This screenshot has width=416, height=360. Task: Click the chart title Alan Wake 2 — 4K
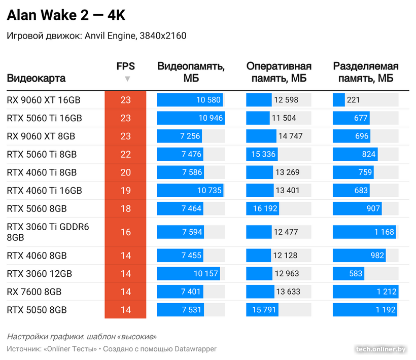point(65,16)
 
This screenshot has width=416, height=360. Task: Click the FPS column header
point(125,66)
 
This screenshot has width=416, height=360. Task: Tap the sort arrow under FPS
point(127,79)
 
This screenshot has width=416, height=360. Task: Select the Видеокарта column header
point(36,79)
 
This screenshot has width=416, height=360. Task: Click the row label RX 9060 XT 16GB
point(44,100)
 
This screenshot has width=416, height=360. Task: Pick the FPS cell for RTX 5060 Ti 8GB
point(125,154)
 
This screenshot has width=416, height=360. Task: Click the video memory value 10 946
point(211,118)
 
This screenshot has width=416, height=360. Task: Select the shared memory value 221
point(353,100)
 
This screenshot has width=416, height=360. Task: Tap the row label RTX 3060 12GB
point(40,274)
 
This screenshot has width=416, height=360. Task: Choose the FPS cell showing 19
point(125,191)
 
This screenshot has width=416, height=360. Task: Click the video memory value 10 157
point(206,274)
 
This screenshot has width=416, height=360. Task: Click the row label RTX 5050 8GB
point(37,310)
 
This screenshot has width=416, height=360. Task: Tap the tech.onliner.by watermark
point(381,349)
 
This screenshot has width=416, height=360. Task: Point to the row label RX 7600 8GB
point(34,292)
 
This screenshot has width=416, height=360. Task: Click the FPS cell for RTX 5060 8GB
point(125,208)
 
